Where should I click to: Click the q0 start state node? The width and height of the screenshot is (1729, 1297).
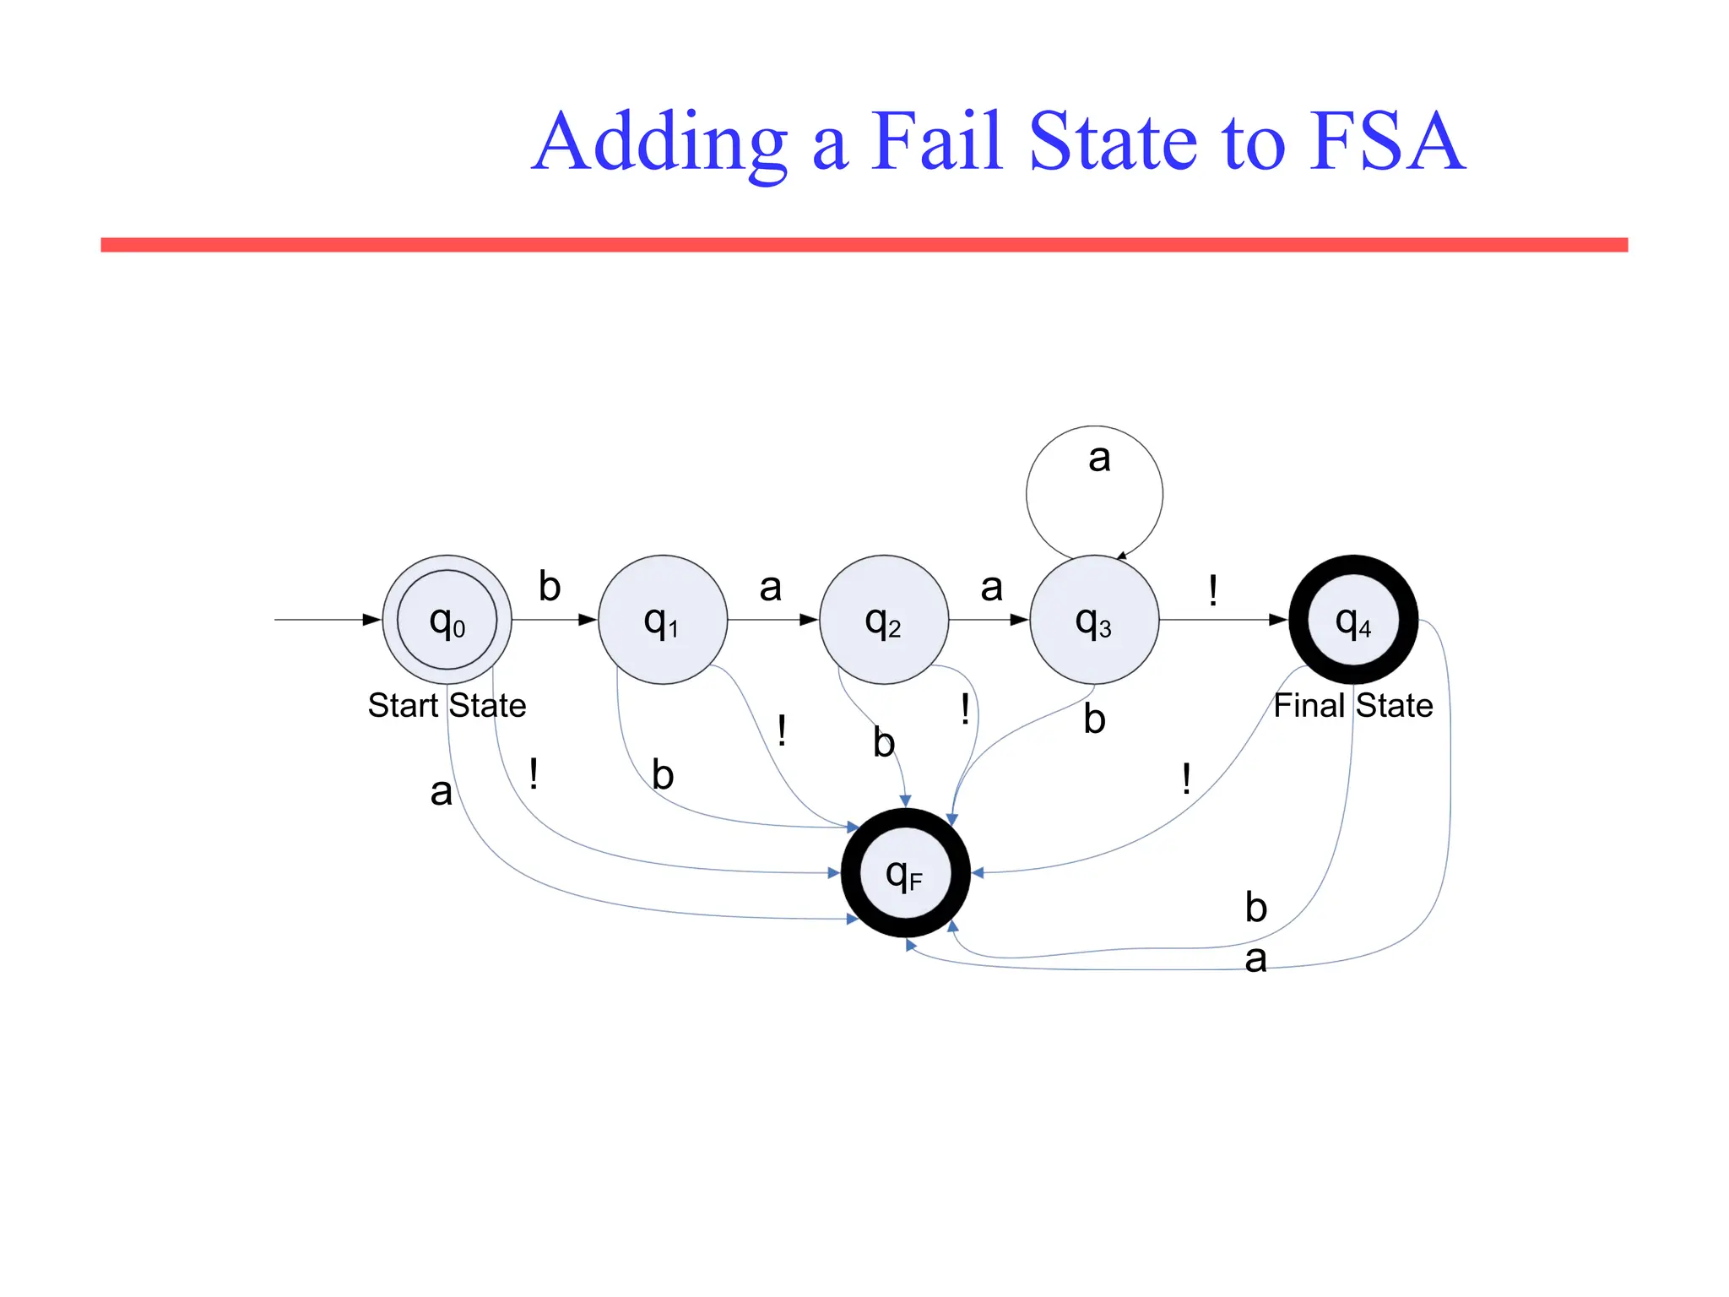click(447, 619)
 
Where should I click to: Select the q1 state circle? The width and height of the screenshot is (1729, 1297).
click(662, 619)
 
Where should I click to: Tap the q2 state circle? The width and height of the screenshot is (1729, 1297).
click(883, 619)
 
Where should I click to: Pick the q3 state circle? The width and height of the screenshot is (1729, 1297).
click(1093, 619)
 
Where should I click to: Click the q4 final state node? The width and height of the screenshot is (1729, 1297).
click(1352, 619)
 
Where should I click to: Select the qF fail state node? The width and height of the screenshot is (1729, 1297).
click(905, 872)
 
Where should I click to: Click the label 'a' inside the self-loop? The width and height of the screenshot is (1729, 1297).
click(1098, 459)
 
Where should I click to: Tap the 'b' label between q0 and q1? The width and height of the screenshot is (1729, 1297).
click(550, 586)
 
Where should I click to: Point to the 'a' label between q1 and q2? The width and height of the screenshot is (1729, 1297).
click(770, 588)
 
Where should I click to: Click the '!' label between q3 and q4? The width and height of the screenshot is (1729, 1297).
click(1212, 589)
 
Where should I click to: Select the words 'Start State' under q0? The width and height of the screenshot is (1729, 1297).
click(447, 705)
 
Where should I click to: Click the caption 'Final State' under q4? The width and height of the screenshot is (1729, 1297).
click(1352, 705)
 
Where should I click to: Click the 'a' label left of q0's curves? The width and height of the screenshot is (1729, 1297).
click(441, 792)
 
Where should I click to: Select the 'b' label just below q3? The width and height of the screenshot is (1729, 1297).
click(1094, 719)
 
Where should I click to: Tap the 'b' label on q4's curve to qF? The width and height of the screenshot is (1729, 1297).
click(1255, 908)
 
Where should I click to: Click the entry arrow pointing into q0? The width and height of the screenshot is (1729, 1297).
click(325, 619)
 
